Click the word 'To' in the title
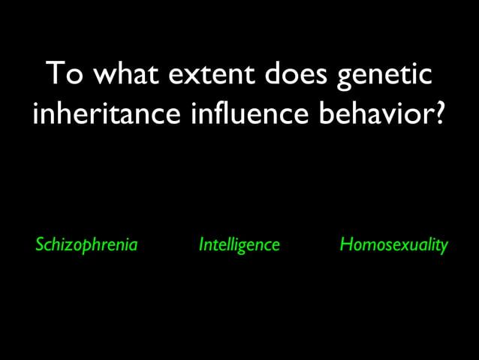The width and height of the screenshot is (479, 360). pos(62,75)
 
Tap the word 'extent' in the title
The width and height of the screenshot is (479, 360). pos(215,75)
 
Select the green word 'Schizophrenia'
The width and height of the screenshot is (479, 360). pos(86,245)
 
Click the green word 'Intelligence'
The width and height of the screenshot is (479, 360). pos(239,245)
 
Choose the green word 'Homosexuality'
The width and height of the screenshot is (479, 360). pos(393,245)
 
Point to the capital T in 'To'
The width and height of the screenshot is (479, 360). pos(54,75)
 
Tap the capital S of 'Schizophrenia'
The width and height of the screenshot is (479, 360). pos(41,244)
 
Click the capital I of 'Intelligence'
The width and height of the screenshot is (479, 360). pos(200,244)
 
